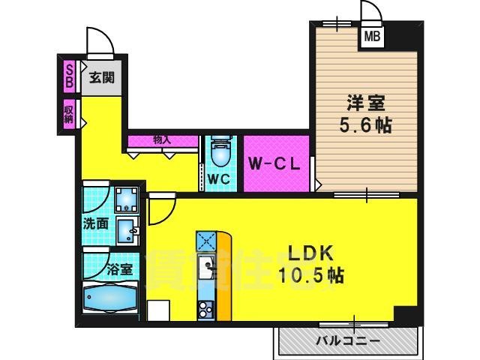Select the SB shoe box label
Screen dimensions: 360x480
[69, 76]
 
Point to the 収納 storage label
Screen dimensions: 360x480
[68, 115]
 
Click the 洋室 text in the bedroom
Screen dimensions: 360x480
[361, 101]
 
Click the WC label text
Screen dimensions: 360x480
[218, 179]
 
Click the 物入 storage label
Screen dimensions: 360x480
[162, 139]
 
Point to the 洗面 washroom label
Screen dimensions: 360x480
[95, 223]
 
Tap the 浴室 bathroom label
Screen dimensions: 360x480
[120, 268]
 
